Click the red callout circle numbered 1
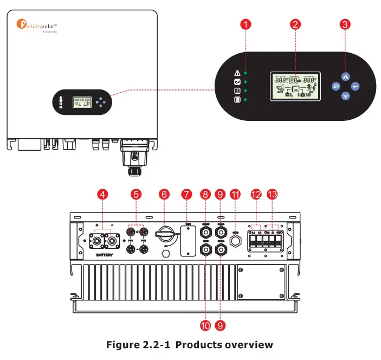(x=247, y=24)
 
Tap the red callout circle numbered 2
(x=295, y=24)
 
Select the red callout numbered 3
(x=345, y=24)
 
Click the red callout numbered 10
(x=205, y=325)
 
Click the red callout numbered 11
(x=236, y=194)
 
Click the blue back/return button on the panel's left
(x=336, y=86)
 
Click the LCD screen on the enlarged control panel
(x=295, y=86)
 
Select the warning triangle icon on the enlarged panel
(x=237, y=73)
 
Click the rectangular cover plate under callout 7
(x=188, y=240)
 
